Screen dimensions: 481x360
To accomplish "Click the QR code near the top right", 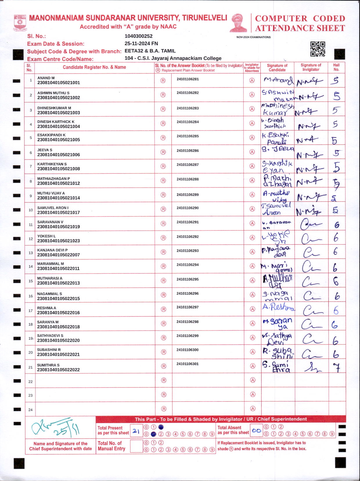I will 318,49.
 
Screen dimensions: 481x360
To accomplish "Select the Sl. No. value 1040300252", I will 138,36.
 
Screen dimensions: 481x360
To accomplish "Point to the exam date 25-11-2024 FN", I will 141,44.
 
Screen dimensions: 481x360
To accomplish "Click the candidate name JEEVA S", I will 45,150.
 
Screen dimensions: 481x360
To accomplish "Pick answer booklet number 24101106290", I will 188,208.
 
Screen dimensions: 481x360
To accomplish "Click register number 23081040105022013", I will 58,283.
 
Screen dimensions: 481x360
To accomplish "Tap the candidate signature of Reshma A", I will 278,307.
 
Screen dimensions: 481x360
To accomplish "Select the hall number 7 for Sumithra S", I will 336,368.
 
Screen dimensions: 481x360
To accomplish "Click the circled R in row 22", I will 164,380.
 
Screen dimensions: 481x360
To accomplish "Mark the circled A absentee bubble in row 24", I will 253,409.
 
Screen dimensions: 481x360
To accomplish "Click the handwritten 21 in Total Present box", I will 136,431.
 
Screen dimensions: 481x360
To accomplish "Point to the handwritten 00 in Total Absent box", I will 256,430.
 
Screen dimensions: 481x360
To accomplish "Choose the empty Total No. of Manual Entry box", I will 136,446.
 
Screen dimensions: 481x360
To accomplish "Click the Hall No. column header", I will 336,67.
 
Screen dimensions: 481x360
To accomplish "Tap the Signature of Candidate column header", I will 277,68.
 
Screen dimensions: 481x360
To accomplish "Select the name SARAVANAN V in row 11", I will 50,222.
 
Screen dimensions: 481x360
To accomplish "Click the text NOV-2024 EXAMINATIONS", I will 253,37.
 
